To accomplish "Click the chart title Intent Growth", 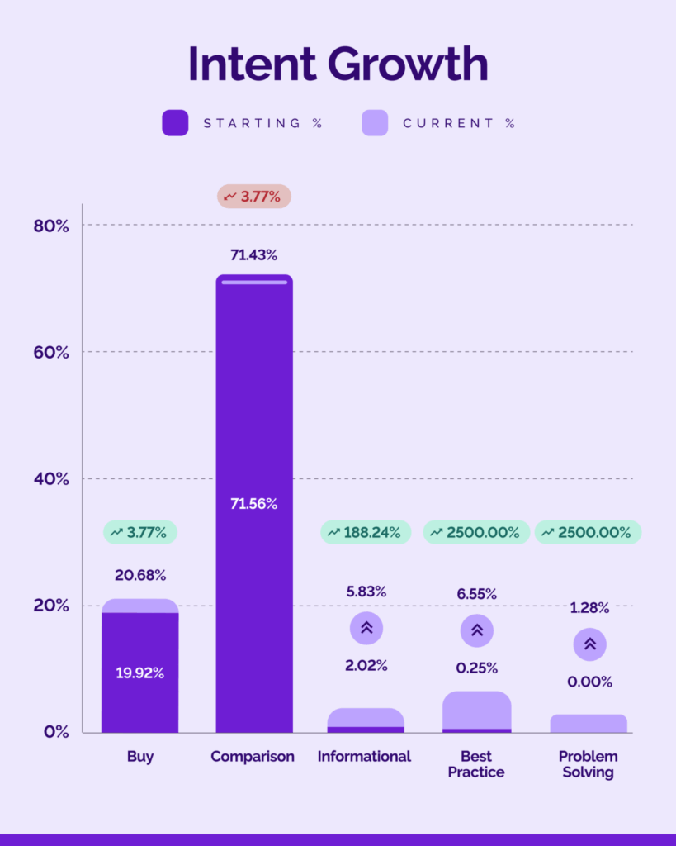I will point(338,64).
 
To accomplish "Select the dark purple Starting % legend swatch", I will point(175,123).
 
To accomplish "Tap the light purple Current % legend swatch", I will point(375,123).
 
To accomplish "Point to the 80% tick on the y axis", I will point(51,226).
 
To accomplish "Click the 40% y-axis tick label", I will point(51,479).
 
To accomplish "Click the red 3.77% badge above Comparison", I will point(254,197).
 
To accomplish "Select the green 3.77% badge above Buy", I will point(140,533).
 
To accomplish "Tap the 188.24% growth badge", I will point(366,533).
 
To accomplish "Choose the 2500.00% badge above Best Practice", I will point(477,533).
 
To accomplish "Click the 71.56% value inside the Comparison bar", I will point(254,504).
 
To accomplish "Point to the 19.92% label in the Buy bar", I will point(139,673).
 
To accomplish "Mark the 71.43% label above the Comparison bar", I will point(254,255).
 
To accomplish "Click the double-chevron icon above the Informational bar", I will point(366,628).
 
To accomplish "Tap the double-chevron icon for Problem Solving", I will point(589,644).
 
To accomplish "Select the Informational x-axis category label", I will point(364,756).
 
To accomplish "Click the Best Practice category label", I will point(476,764).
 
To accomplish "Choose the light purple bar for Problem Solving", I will point(589,724).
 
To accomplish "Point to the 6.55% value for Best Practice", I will point(477,593).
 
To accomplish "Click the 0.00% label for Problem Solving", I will point(589,682).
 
